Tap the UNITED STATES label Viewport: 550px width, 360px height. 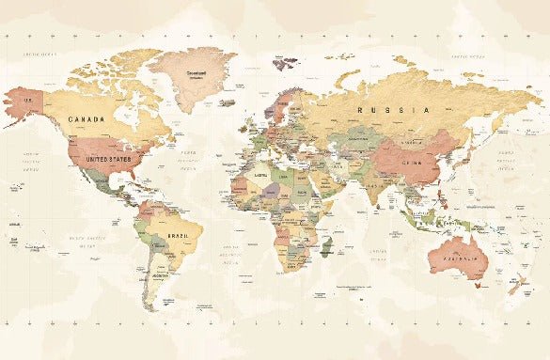pos(109,160)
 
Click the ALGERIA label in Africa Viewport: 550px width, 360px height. pos(254,174)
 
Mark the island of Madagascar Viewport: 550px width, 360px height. pos(326,247)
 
